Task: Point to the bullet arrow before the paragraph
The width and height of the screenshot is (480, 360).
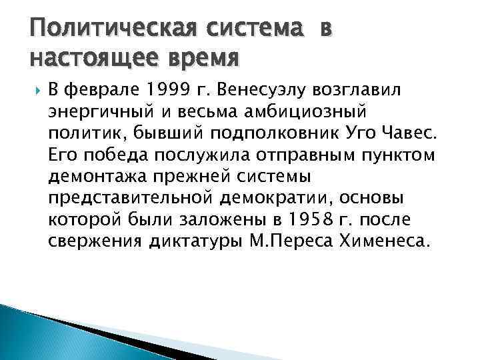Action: pos(36,89)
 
